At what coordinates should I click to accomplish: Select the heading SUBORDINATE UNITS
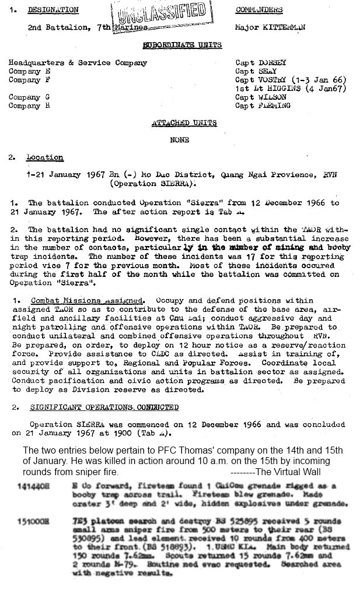[x=183, y=45]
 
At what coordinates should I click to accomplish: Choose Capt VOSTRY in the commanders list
[x=262, y=79]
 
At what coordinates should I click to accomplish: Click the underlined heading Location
[x=44, y=158]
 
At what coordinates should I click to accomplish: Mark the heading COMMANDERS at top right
[x=259, y=10]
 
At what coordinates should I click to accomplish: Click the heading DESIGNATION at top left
[x=53, y=10]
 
